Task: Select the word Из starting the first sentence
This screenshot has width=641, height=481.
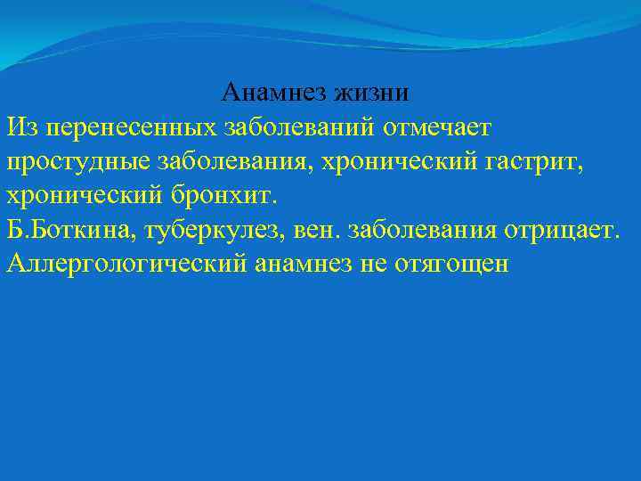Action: (20, 126)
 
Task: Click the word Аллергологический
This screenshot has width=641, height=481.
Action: (126, 264)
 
